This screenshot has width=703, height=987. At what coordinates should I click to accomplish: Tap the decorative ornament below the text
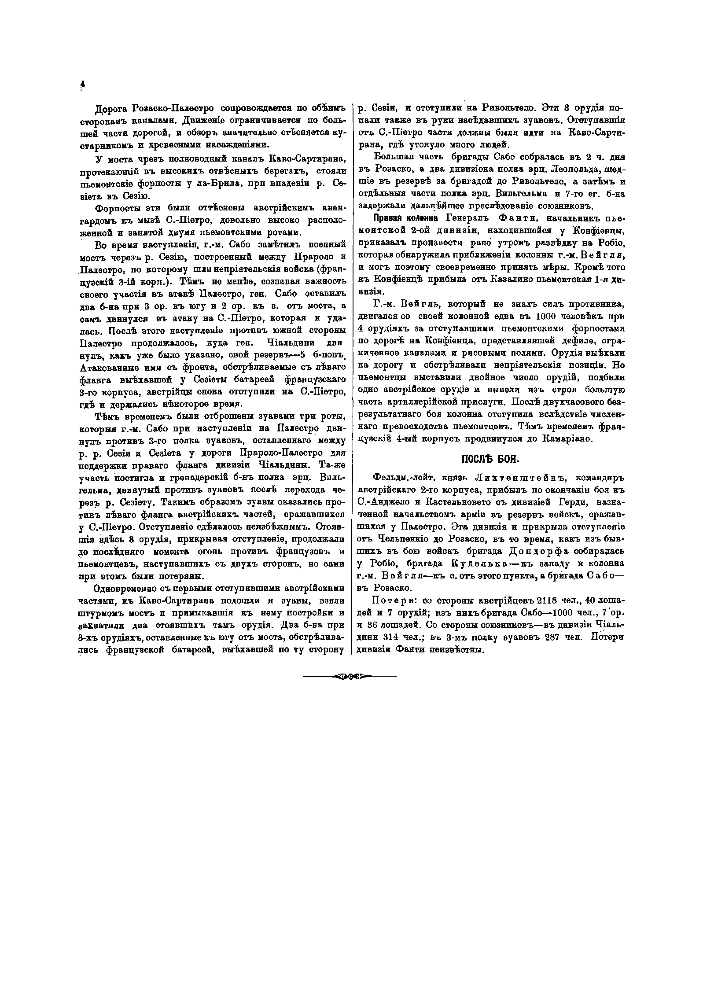click(x=350, y=676)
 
